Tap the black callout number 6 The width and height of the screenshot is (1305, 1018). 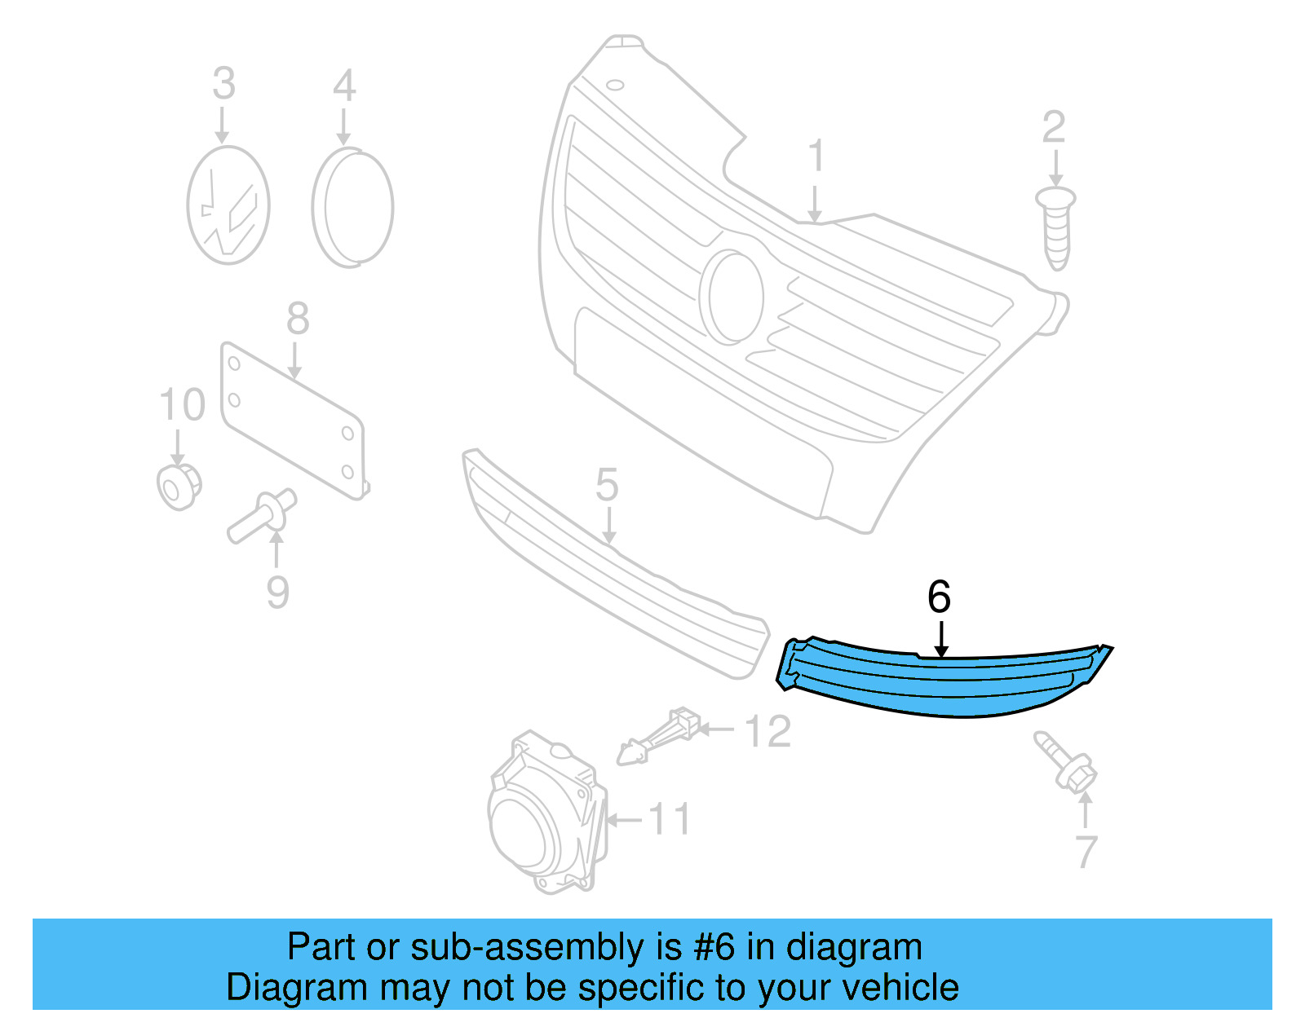tap(939, 597)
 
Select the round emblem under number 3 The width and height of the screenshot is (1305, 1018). tap(228, 205)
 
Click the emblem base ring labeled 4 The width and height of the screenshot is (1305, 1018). tap(352, 207)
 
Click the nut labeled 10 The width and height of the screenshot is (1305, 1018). tap(179, 487)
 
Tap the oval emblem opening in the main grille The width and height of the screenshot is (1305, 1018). tap(733, 297)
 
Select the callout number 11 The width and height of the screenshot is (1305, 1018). tap(670, 819)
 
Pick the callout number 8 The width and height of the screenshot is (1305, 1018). tap(298, 319)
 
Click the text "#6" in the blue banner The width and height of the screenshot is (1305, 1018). tap(714, 948)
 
